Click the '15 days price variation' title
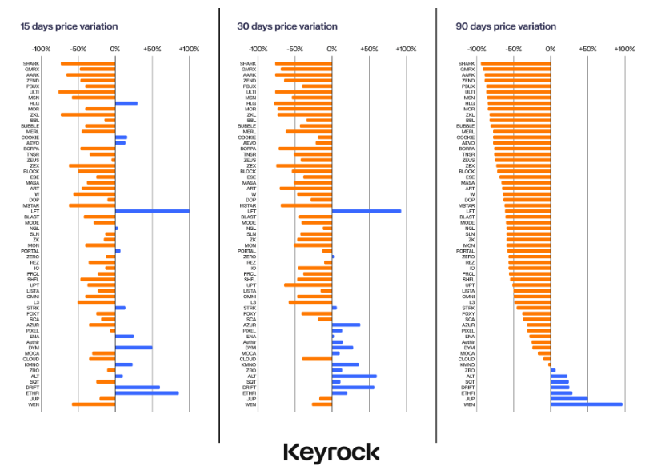(x=69, y=26)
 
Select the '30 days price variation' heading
(x=286, y=26)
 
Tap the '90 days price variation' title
(x=505, y=26)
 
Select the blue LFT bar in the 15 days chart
(x=152, y=211)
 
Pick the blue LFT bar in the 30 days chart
(x=367, y=211)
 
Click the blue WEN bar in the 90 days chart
(x=586, y=404)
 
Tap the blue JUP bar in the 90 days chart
(x=569, y=399)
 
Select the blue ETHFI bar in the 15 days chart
(x=146, y=392)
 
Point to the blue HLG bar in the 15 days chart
(x=126, y=103)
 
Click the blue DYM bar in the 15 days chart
(x=134, y=348)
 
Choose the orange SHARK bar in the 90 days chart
(x=515, y=63)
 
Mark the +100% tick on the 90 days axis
(x=624, y=49)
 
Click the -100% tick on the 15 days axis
(x=42, y=49)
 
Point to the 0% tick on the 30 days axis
(x=332, y=49)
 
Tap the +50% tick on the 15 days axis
(x=152, y=49)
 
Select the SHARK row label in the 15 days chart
(x=31, y=63)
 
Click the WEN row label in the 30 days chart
(x=250, y=404)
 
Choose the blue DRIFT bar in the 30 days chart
(x=353, y=387)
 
